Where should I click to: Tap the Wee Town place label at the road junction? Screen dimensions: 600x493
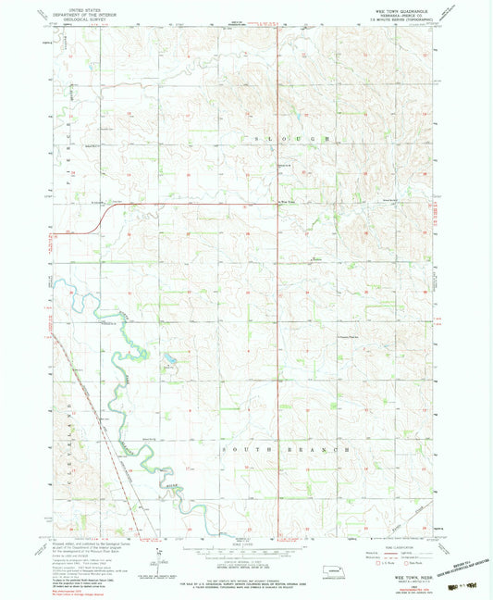(x=290, y=204)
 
